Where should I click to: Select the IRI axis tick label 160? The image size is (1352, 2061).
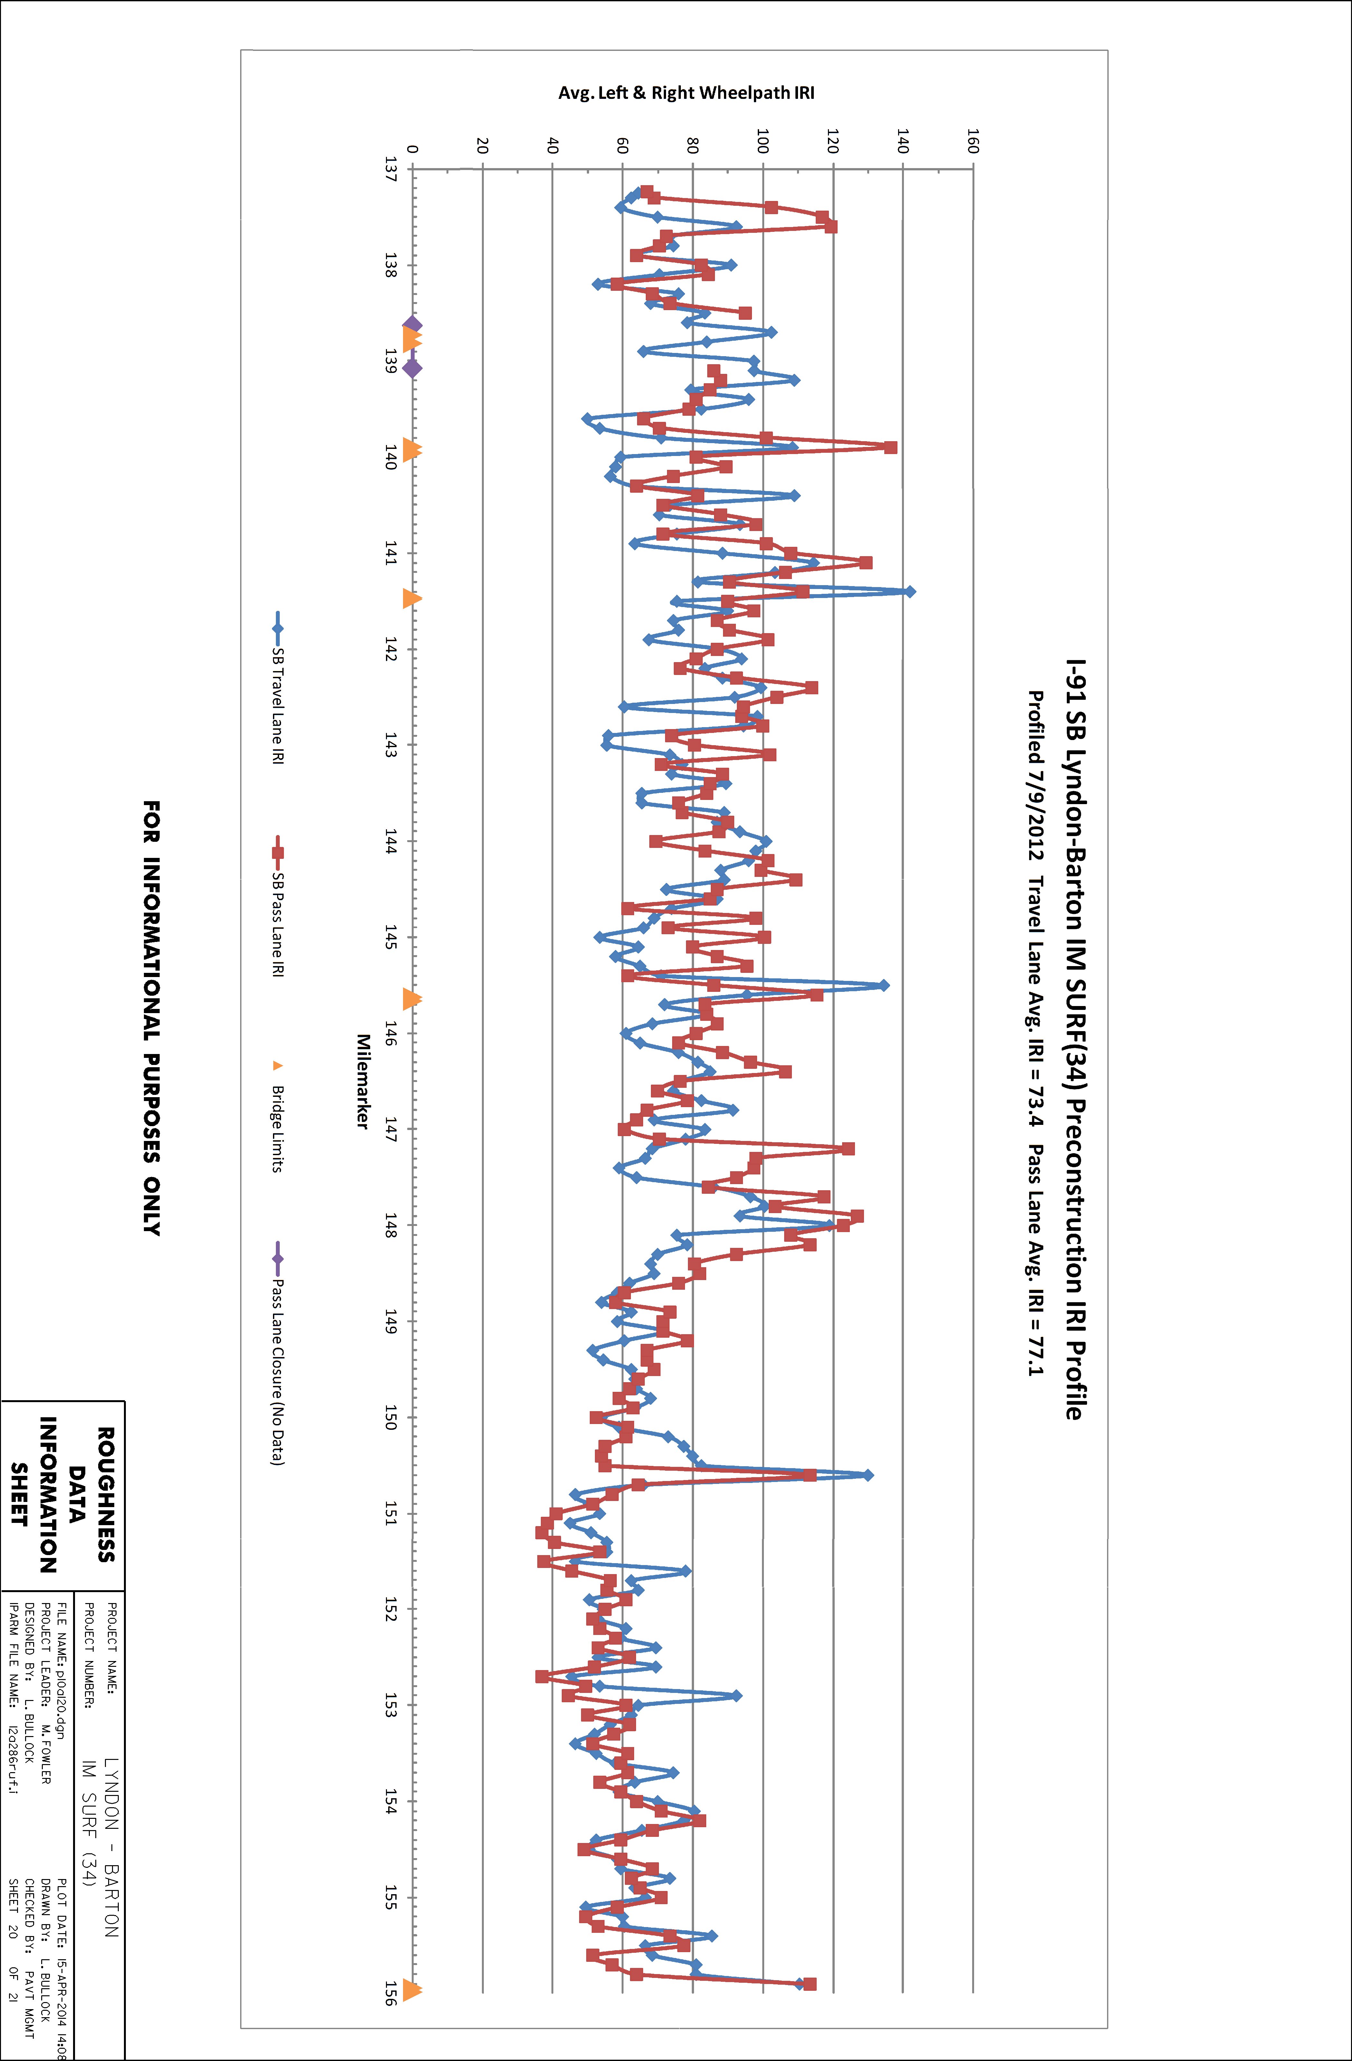click(973, 140)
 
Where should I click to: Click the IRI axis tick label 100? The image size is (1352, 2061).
click(763, 140)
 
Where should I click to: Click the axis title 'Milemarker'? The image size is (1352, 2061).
click(363, 1081)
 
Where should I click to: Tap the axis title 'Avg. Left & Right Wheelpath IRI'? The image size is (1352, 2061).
click(686, 93)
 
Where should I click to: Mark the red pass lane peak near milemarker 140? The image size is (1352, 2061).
click(891, 448)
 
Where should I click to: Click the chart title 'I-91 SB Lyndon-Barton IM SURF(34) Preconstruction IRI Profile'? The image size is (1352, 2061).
click(1075, 1039)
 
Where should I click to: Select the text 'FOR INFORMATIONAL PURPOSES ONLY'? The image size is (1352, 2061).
click(152, 1018)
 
